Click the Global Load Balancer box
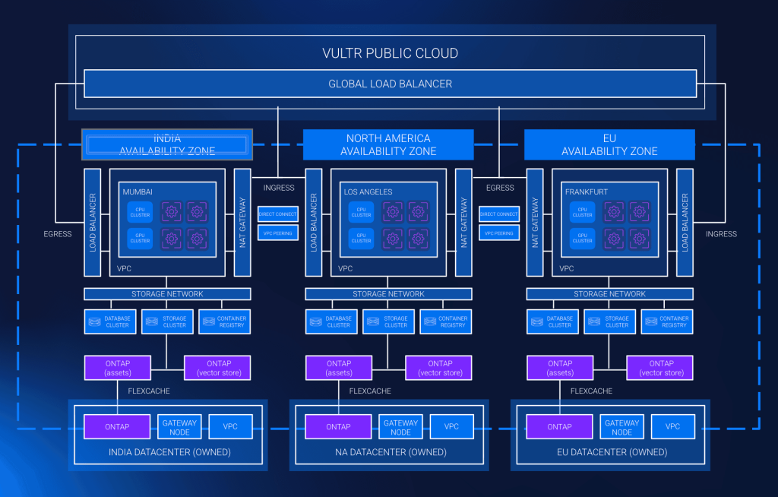point(390,84)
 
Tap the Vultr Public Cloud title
point(390,54)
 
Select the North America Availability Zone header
point(388,144)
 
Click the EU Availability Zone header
point(609,144)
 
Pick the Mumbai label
point(138,192)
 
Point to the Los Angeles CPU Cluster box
point(362,212)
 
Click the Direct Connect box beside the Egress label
point(498,214)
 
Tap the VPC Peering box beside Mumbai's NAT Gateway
point(277,233)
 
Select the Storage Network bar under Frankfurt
point(609,294)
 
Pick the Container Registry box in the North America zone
point(453,321)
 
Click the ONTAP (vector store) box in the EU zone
point(660,368)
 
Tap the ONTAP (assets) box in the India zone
point(117,368)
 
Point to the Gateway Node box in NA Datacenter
point(400,427)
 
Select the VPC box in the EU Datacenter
point(672,427)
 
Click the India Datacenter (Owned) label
point(168,452)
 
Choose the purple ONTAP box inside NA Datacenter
point(338,427)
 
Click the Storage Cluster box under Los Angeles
point(396,321)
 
